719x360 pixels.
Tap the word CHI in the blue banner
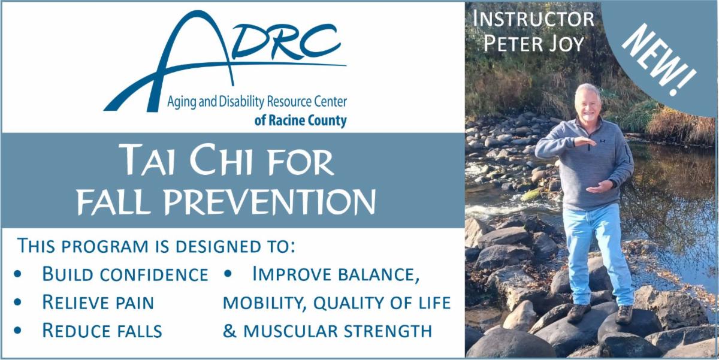coord(221,159)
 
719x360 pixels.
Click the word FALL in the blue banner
coord(114,201)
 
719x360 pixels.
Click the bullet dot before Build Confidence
coord(18,274)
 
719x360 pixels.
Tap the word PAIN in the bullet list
coord(135,303)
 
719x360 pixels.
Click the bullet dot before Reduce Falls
coord(18,331)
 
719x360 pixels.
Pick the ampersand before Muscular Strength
coord(229,331)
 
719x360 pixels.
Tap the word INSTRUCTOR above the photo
coord(533,19)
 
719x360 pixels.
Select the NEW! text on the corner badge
coord(660,60)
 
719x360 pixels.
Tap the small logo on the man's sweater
coord(602,141)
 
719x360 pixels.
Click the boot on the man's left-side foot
coord(578,313)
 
